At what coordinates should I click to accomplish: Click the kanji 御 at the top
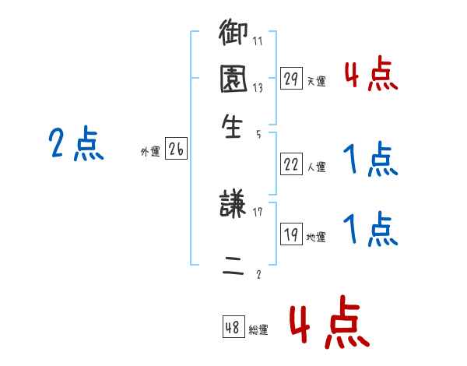click(x=233, y=35)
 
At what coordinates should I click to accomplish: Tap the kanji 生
click(x=233, y=126)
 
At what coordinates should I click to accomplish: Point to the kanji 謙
click(x=233, y=207)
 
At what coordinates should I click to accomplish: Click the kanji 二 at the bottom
click(x=233, y=265)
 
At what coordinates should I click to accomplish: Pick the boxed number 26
click(x=176, y=150)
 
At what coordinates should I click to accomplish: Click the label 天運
click(x=317, y=81)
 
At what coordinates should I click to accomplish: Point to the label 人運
click(x=317, y=167)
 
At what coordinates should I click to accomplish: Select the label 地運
click(x=317, y=238)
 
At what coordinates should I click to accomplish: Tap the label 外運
click(x=150, y=153)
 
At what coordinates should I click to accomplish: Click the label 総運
click(x=258, y=330)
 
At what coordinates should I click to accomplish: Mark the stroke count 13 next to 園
click(x=258, y=87)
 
